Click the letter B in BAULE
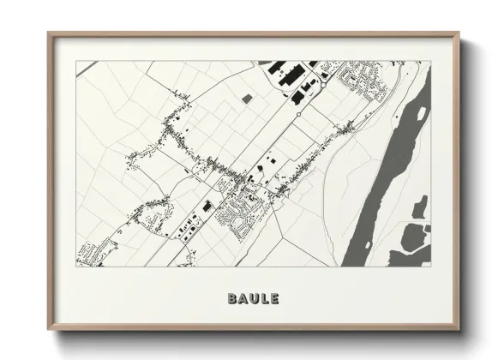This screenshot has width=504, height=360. (x=232, y=299)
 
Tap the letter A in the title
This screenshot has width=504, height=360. (x=243, y=299)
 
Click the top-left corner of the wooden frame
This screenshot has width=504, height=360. (x=49, y=33)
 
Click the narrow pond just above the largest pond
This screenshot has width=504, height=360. (x=420, y=207)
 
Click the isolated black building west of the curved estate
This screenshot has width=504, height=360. (x=207, y=205)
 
